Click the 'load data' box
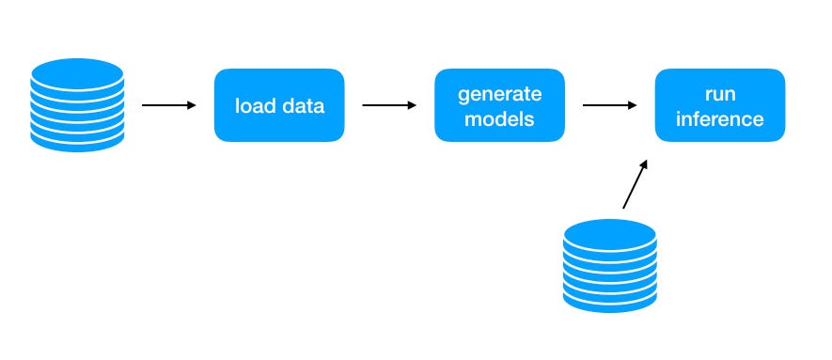pyautogui.click(x=279, y=105)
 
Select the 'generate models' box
pyautogui.click(x=499, y=105)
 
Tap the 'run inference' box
pyautogui.click(x=720, y=105)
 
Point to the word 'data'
pyautogui.click(x=303, y=105)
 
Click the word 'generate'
pyautogui.click(x=500, y=94)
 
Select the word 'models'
pyautogui.click(x=499, y=118)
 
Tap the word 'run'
pyautogui.click(x=720, y=95)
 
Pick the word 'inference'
pyautogui.click(x=720, y=118)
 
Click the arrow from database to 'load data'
pyautogui.click(x=168, y=105)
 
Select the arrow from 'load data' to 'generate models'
pyautogui.click(x=389, y=105)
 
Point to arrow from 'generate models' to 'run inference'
pyautogui.click(x=609, y=105)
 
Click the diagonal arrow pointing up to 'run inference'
pyautogui.click(x=636, y=184)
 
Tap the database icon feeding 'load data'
pyautogui.click(x=77, y=105)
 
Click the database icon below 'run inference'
pyautogui.click(x=610, y=266)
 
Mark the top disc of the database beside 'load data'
pyautogui.click(x=77, y=73)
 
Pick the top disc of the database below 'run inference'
pyautogui.click(x=610, y=234)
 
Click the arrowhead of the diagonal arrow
pyautogui.click(x=644, y=164)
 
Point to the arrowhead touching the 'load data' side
pyautogui.click(x=192, y=105)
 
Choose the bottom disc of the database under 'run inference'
pyautogui.click(x=610, y=304)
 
